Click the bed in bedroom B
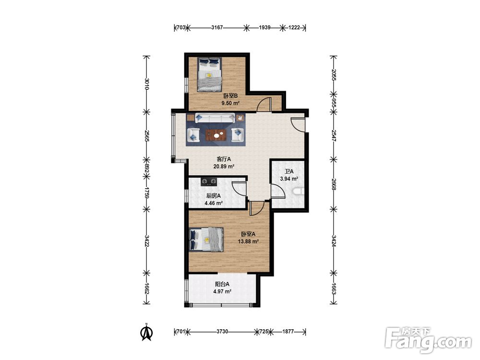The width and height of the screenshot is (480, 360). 209,74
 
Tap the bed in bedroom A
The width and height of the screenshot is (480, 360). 206,240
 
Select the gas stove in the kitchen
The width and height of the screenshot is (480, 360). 209,182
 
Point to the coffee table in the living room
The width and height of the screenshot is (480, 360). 216,135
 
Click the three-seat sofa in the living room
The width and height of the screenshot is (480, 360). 215,118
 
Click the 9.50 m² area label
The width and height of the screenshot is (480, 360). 230,103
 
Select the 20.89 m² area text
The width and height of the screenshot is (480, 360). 224,167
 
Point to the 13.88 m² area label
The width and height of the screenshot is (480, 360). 248,241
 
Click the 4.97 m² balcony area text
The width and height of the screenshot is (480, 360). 222,291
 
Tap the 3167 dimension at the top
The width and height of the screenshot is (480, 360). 217,27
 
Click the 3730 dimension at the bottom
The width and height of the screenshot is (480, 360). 222,331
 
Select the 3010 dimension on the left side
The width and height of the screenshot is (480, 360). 147,84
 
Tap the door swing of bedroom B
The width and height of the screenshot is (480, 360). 264,104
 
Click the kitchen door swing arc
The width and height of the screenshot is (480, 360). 239,188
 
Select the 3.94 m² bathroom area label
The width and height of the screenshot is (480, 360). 289,179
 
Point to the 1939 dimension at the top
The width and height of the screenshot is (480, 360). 264,27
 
